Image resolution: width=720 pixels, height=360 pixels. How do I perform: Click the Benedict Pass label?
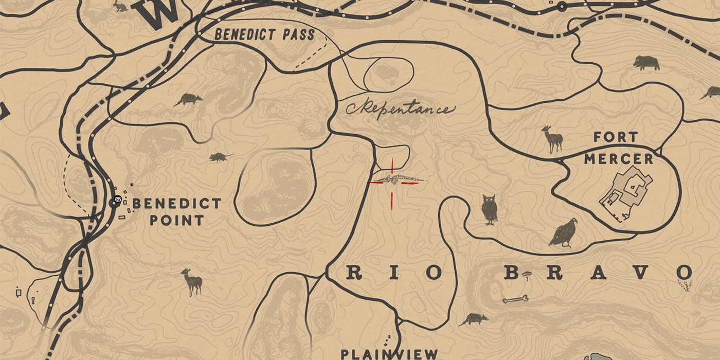264,35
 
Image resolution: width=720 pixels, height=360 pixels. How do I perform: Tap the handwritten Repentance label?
401,109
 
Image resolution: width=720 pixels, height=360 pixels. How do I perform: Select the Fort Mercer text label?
618,148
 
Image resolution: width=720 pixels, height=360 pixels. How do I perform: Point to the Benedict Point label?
176,211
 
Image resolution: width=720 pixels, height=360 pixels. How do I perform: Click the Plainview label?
389,354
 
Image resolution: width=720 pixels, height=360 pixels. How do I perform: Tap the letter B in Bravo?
511,273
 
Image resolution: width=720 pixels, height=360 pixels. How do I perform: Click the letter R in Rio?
353,273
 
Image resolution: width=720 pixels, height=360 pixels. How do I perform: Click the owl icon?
490,209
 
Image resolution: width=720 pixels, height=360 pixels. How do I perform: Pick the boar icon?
646,62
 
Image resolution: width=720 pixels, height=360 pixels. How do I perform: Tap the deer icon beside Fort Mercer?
553,139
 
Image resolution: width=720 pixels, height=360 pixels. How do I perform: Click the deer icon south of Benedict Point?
192,282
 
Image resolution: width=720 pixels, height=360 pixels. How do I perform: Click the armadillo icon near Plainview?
474,319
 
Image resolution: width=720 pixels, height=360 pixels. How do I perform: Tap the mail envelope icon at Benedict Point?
118,200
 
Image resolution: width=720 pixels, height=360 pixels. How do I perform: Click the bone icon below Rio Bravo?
515,298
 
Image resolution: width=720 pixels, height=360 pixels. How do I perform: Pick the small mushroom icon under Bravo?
526,277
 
